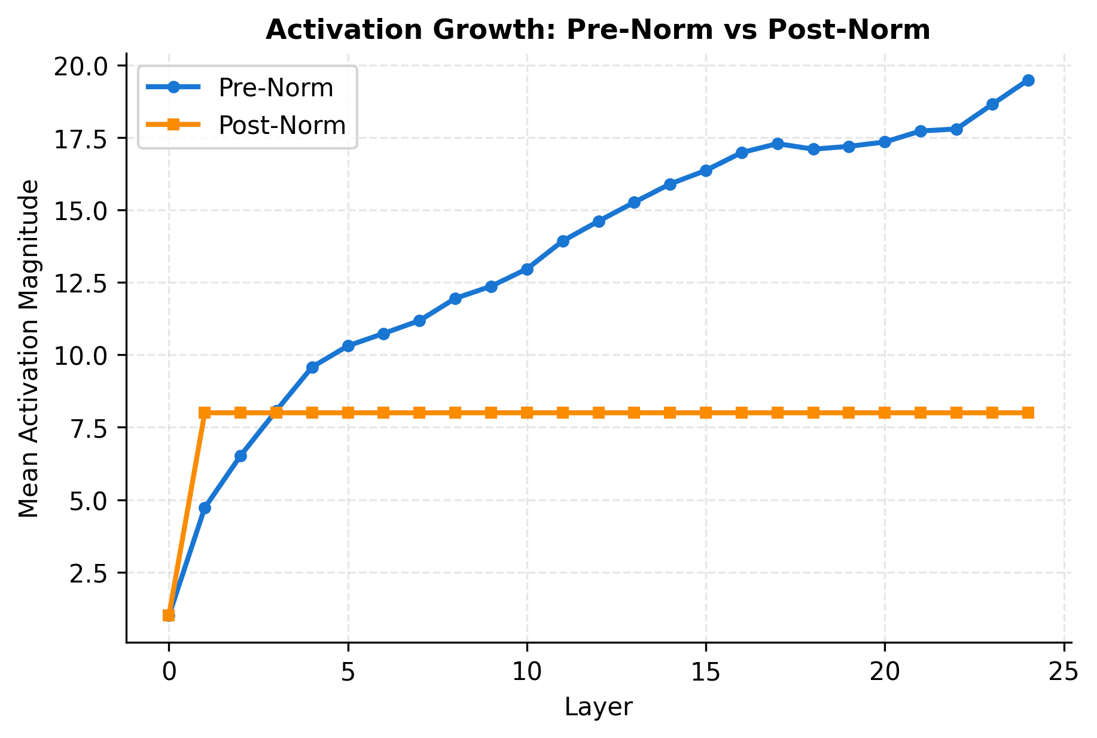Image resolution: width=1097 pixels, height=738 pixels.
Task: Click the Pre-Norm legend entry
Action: [x=275, y=88]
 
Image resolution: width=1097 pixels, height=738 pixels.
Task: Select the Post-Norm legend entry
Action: [x=282, y=126]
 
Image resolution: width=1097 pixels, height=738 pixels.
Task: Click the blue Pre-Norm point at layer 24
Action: [x=1028, y=81]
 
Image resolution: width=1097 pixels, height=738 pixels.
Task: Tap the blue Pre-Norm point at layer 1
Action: [x=205, y=508]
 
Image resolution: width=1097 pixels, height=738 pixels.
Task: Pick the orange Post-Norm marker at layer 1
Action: [x=205, y=413]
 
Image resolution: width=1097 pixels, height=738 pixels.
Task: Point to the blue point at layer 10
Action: [x=527, y=269]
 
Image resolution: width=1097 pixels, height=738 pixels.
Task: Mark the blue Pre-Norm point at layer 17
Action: [x=778, y=144]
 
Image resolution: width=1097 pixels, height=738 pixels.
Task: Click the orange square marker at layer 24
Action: [x=1028, y=413]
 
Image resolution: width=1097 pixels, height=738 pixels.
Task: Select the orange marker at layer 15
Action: [x=706, y=413]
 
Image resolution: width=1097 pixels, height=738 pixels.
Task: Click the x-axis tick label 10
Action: [x=527, y=673]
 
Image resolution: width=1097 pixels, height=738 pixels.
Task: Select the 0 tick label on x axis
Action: [x=169, y=673]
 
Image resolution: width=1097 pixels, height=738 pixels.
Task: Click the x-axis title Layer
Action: [x=598, y=707]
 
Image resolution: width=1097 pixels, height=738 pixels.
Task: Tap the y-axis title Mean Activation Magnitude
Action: [x=29, y=349]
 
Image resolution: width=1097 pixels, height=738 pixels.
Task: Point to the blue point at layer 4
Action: [x=312, y=367]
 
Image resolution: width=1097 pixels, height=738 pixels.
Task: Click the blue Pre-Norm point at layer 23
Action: [x=992, y=104]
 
